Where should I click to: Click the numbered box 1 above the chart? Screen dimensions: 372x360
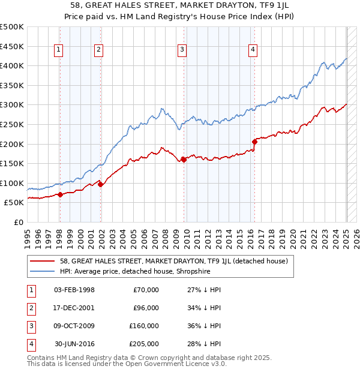pyautogui.click(x=59, y=50)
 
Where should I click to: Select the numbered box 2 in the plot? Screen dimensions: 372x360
pyautogui.click(x=98, y=50)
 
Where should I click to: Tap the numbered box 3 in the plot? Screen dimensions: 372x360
pyautogui.click(x=182, y=50)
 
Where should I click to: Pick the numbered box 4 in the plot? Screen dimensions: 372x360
pyautogui.click(x=253, y=50)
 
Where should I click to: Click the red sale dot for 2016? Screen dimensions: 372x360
pyautogui.click(x=254, y=142)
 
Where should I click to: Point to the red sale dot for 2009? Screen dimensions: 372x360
pyautogui.click(x=184, y=160)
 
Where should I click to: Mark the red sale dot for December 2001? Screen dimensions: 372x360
pyautogui.click(x=100, y=185)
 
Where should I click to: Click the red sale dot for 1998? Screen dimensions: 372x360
pyautogui.click(x=60, y=195)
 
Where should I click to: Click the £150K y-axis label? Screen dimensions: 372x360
pyautogui.click(x=12, y=163)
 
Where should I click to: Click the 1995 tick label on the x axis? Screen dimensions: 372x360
pyautogui.click(x=28, y=238)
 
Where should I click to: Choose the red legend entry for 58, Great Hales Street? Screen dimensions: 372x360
pyautogui.click(x=174, y=261)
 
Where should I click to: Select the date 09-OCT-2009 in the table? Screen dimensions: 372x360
pyautogui.click(x=74, y=326)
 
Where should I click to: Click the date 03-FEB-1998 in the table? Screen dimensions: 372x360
pyautogui.click(x=74, y=290)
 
